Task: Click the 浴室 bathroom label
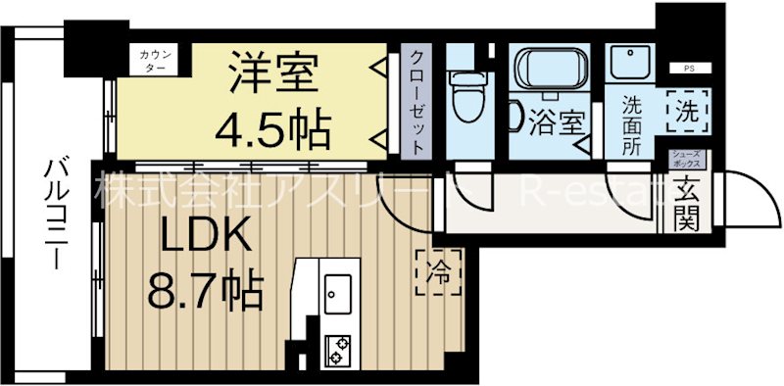557,123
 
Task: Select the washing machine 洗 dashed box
687,111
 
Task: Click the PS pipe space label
690,69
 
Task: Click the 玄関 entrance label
685,209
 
